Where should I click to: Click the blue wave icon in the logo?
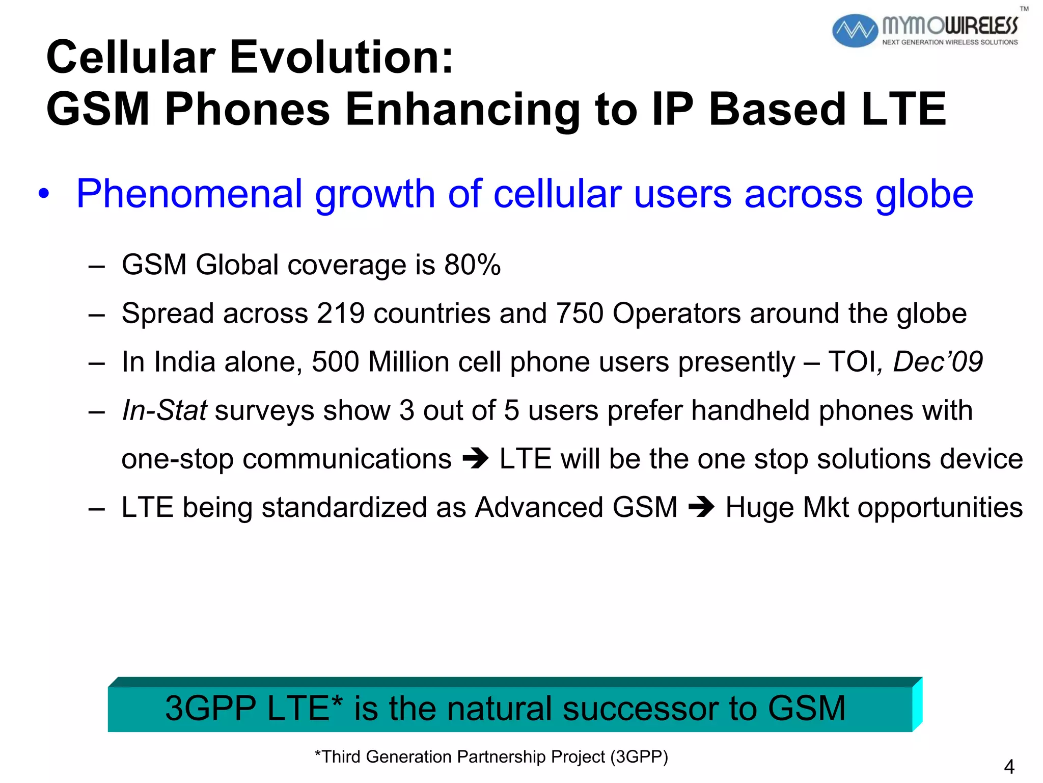(x=855, y=31)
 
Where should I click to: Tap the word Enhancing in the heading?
(x=462, y=109)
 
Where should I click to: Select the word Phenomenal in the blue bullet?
(x=189, y=194)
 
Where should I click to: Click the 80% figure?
(x=472, y=265)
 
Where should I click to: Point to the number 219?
(x=341, y=313)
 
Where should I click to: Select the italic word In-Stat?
(x=164, y=410)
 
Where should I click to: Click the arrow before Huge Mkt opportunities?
(x=701, y=507)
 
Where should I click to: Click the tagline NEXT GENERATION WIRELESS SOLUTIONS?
(x=950, y=42)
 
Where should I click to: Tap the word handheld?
(x=750, y=410)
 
